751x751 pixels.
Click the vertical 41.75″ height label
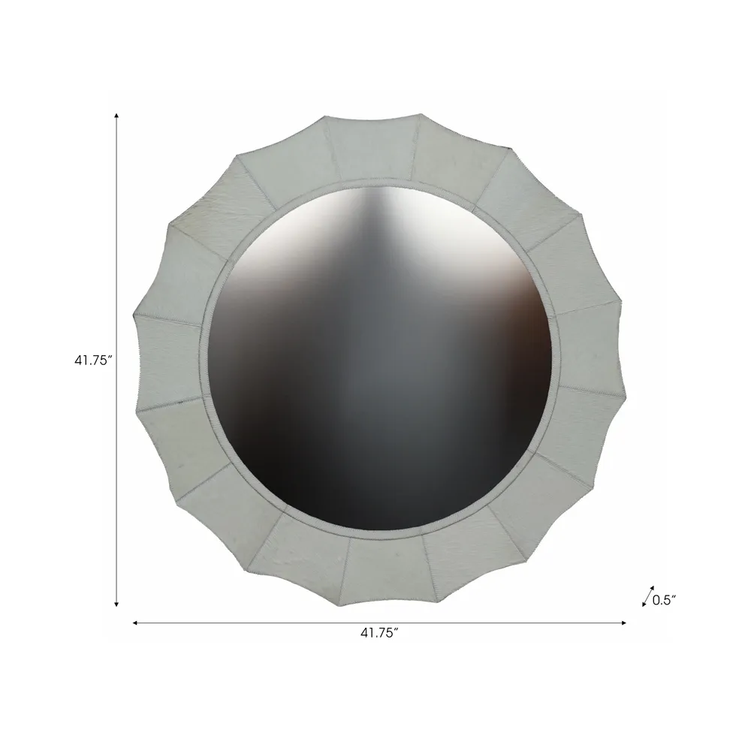point(93,360)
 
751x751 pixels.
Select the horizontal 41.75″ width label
point(379,632)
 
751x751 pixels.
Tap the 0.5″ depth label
point(664,600)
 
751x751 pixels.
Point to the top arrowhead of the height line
point(116,116)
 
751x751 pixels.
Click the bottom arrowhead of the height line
point(116,605)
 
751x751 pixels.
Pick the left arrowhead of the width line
point(135,623)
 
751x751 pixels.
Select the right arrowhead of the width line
point(623,623)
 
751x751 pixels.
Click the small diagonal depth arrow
point(648,596)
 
